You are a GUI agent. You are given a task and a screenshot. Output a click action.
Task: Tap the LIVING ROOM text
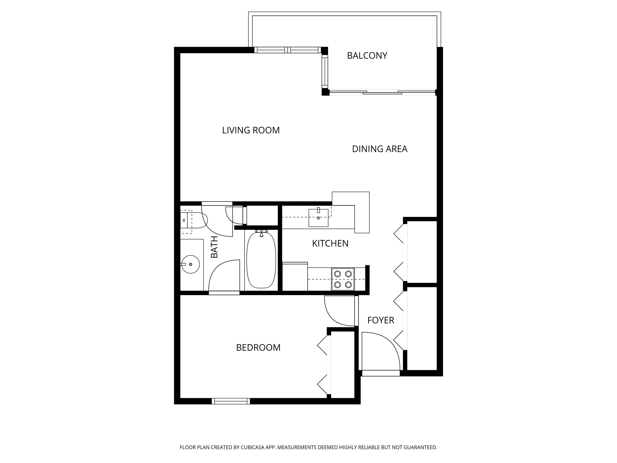(251, 130)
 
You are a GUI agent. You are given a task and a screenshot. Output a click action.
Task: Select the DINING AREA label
(380, 149)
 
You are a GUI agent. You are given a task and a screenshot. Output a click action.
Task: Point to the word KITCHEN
(330, 244)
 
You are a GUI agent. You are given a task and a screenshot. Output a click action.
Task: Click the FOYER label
(381, 320)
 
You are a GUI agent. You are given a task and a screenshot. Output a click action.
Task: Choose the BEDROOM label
(258, 348)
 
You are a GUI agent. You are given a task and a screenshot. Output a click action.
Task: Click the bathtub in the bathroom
(261, 260)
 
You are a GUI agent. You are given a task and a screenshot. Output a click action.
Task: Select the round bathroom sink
(191, 264)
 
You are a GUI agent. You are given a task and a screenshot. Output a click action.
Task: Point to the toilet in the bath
(193, 220)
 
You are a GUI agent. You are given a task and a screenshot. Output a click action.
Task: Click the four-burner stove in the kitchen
(343, 279)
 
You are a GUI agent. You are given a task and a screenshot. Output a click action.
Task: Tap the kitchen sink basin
(318, 218)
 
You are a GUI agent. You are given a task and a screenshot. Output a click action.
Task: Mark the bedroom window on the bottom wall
(231, 401)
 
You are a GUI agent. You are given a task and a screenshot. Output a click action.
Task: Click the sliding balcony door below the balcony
(382, 92)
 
